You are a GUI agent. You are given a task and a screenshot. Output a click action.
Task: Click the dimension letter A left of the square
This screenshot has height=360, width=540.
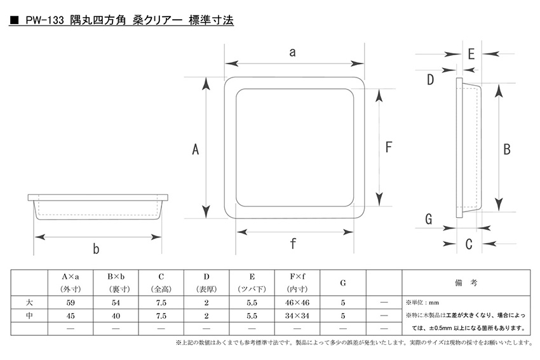coord(195,150)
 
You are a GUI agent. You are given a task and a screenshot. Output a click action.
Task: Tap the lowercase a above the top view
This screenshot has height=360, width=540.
coord(292,52)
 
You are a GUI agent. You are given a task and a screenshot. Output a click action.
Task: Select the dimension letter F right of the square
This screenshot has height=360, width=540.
coord(388,147)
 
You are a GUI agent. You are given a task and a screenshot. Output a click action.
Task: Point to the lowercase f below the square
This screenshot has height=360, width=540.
coord(293,243)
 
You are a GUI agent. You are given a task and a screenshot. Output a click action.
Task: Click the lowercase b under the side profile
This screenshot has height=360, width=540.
coord(96,248)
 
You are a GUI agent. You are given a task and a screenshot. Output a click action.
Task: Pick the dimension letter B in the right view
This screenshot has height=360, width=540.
coord(506,150)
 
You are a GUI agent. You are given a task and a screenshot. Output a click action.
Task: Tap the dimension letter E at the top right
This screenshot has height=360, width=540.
coord(471,55)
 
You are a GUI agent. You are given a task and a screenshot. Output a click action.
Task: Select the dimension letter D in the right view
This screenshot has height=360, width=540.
coord(430,80)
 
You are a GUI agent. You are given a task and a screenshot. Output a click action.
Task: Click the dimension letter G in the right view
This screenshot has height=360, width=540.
coord(428,219)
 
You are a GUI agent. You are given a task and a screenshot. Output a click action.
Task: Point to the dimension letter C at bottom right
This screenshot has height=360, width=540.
coord(469,244)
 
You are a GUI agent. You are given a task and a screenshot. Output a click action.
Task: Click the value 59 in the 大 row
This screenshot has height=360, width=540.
coord(71,302)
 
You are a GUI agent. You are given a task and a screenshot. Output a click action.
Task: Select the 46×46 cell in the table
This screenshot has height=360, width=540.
coord(297,302)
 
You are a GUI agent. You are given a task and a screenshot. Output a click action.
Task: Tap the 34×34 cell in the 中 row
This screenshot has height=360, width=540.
coord(297,316)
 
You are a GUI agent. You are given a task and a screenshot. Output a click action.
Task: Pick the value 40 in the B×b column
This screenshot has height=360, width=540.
coord(116,316)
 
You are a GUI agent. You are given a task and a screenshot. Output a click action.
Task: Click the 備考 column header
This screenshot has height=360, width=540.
coord(466,283)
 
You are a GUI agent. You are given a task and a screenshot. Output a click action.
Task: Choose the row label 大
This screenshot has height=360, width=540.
coord(29,302)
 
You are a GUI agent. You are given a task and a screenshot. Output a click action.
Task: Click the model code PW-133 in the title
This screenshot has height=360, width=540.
coord(44,20)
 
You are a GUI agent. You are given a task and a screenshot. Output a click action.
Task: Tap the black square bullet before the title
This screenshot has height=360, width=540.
coord(14,20)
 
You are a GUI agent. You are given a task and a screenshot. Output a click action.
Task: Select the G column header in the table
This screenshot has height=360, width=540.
coord(342,283)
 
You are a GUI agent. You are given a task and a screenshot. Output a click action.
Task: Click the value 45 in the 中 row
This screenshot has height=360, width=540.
coord(71,316)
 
